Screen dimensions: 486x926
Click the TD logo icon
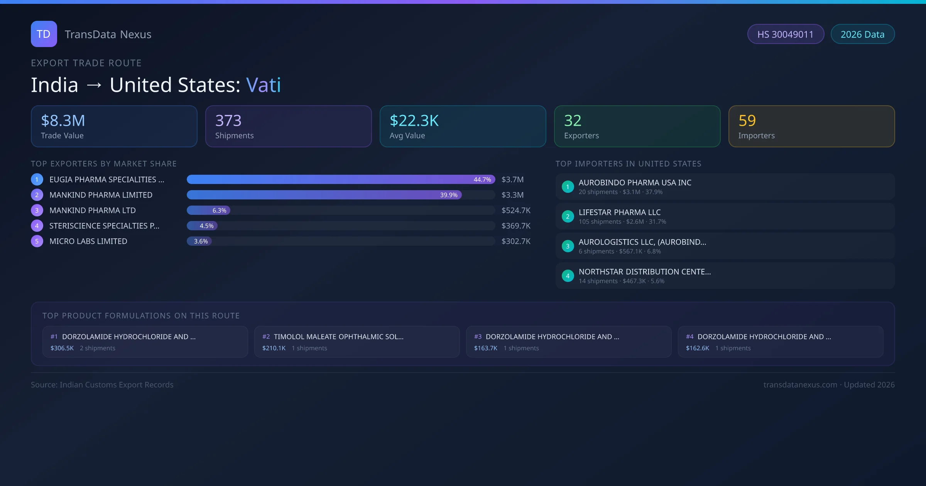44,34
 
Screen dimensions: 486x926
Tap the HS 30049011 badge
785,34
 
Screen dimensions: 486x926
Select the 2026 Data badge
862,34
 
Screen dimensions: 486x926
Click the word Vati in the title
264,85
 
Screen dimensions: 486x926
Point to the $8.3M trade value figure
63,121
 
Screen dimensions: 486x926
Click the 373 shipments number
228,121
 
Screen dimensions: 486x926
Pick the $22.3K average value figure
414,121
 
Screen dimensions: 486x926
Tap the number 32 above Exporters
573,121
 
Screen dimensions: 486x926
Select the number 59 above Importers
747,121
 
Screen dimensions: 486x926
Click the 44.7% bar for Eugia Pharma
341,179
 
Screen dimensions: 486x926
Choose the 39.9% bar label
449,195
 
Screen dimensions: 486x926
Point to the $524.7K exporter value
516,211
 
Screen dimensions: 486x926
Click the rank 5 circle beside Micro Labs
37,241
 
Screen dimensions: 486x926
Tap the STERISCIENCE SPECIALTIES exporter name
104,226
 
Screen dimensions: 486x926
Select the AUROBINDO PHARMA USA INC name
635,183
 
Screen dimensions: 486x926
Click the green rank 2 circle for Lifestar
568,217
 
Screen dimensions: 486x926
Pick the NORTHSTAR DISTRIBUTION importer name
644,272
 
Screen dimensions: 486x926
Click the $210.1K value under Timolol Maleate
274,348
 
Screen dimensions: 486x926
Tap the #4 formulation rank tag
689,337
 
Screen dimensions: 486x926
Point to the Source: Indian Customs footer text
102,385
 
